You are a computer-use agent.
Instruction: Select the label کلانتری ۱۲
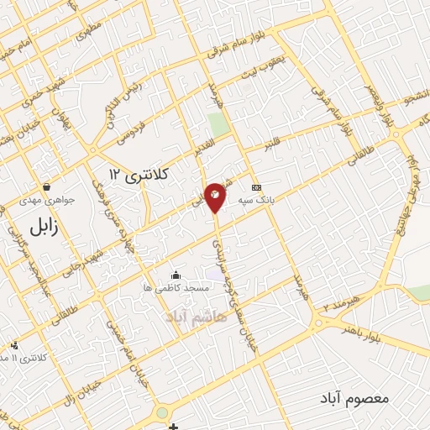tap(139, 174)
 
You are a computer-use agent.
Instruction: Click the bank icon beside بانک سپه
tap(256, 187)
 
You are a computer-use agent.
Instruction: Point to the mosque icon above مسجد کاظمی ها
tap(176, 275)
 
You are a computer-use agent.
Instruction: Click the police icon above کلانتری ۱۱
tap(14, 345)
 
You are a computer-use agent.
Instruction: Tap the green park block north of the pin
tap(218, 125)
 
